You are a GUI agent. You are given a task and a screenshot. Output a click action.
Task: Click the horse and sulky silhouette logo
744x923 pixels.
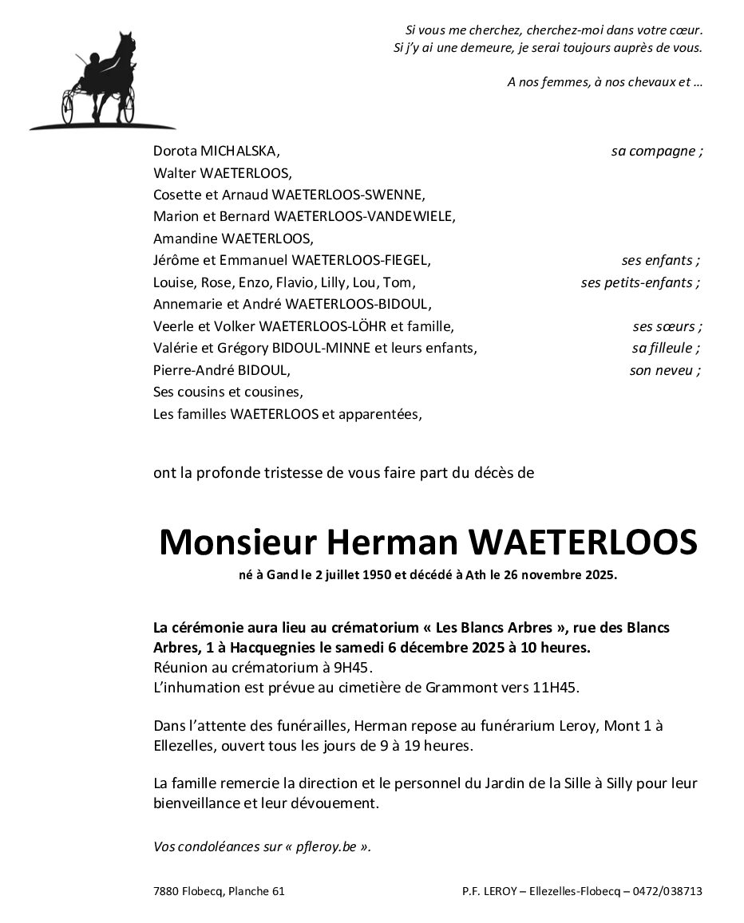click(101, 81)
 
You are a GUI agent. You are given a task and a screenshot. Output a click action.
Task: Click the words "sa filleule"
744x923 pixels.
click(662, 348)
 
